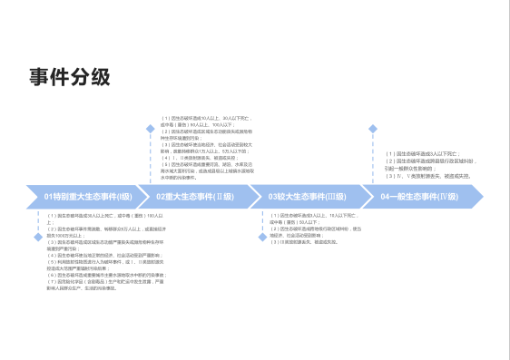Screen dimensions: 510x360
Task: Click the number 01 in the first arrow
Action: click(x=49, y=197)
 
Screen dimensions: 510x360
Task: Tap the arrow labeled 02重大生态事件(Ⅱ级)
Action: click(x=194, y=197)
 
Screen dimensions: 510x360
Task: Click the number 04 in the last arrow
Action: click(x=386, y=197)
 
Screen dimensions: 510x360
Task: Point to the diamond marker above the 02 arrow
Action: click(x=151, y=129)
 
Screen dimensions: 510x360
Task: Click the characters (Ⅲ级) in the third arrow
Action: click(x=335, y=197)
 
